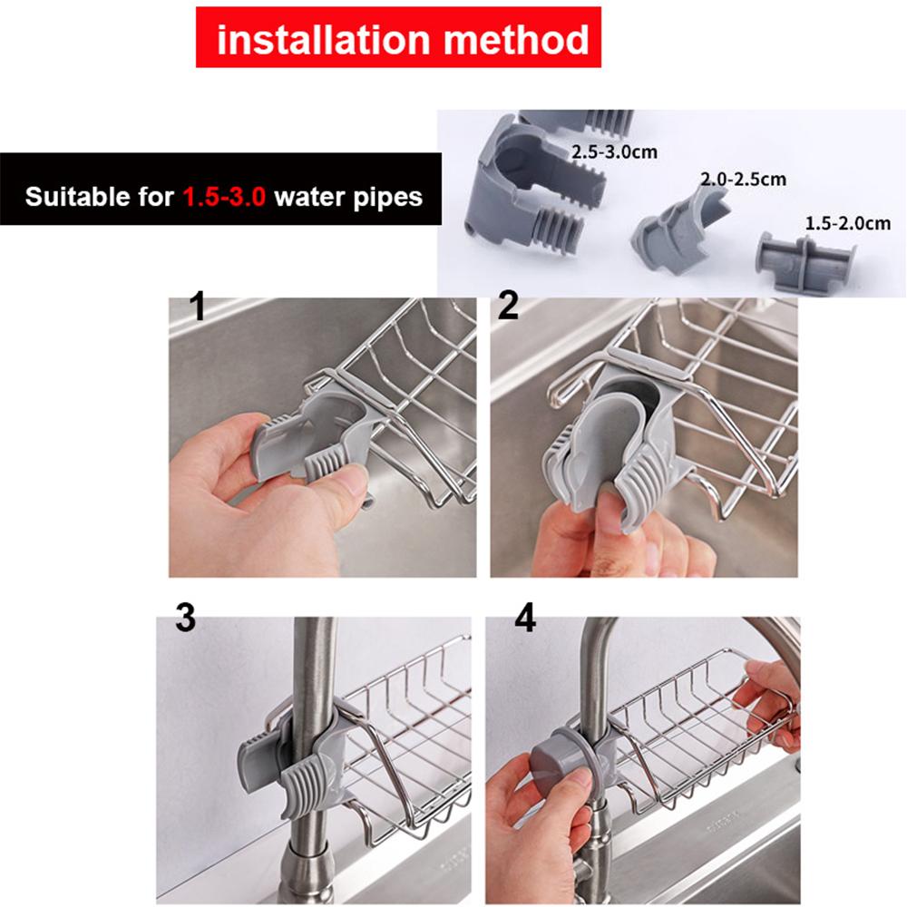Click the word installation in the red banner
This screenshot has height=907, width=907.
point(318,40)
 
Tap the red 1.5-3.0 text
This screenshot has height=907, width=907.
point(224,197)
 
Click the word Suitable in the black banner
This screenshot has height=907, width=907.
point(75,197)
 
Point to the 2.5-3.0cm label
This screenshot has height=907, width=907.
point(614,151)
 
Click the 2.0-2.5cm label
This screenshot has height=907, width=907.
point(743,180)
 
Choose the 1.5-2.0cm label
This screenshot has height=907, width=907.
point(848,223)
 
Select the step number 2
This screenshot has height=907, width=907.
point(508,307)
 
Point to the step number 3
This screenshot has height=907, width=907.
point(184,619)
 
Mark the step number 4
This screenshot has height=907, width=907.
point(524,619)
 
